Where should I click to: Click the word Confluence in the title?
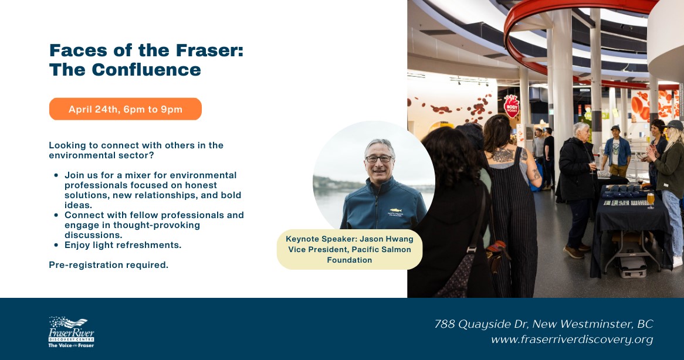click(x=147, y=70)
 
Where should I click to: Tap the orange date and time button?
click(x=125, y=109)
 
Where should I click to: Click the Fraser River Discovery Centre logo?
click(x=71, y=332)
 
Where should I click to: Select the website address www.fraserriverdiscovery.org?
click(x=572, y=339)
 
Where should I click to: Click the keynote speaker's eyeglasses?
click(x=378, y=159)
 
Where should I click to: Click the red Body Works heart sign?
click(x=512, y=106)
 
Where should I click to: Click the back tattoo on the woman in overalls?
click(x=503, y=155)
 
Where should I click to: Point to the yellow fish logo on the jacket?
click(x=395, y=210)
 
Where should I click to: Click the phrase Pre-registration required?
click(x=109, y=265)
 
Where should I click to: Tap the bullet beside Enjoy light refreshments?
click(x=56, y=246)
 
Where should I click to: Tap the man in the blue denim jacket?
click(x=617, y=150)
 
